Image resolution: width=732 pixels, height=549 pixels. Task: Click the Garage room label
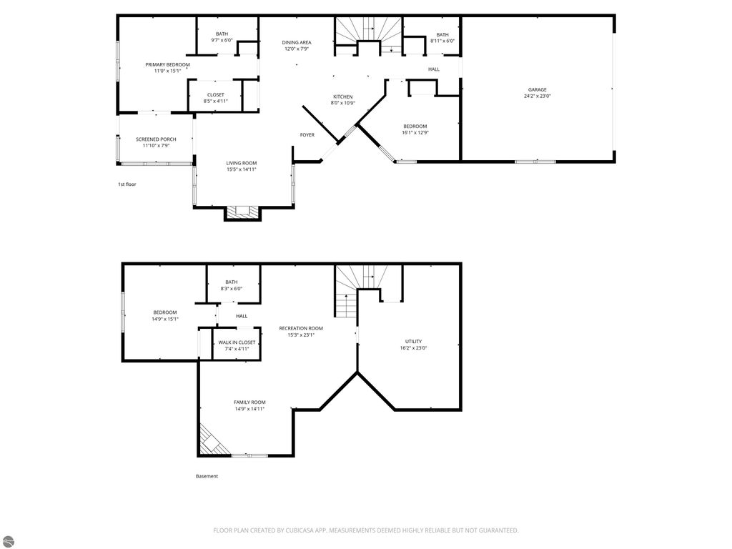pos(538,89)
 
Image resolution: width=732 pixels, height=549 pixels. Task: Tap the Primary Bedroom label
pos(167,64)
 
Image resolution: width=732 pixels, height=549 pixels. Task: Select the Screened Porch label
pos(156,139)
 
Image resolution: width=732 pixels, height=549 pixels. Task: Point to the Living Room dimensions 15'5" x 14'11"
pos(242,169)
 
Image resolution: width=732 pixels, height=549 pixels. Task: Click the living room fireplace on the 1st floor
pos(242,213)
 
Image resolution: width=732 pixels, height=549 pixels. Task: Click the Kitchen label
pos(342,97)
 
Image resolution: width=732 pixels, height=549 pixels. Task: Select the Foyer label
pos(307,135)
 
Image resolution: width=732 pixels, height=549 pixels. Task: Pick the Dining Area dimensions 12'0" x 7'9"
pos(297,49)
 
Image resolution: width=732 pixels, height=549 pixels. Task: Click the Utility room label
pos(414,341)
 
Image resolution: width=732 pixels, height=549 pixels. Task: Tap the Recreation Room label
pos(301,328)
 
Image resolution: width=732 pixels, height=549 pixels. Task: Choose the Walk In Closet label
pos(237,342)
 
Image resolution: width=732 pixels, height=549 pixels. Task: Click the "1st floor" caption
pos(127,184)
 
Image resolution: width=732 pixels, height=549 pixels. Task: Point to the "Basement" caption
pos(207,476)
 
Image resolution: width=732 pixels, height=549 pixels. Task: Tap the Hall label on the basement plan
pos(242,316)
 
